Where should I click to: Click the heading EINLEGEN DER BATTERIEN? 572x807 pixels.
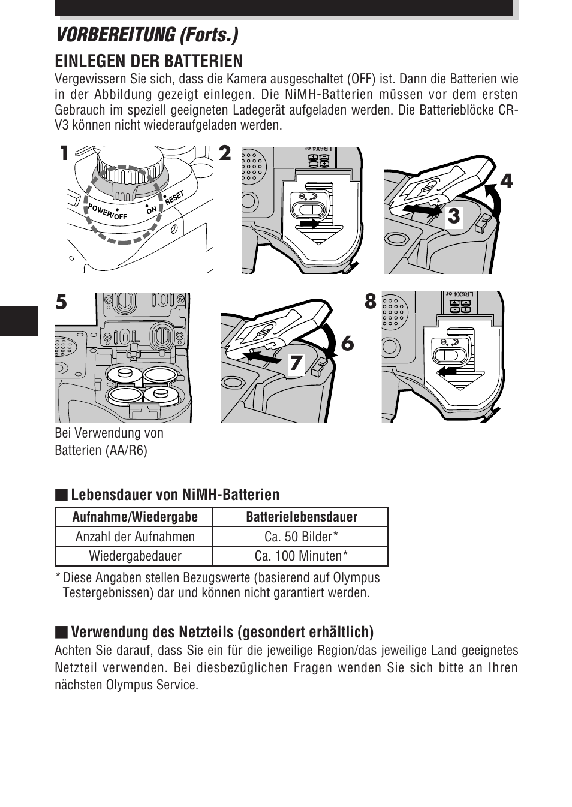tap(149, 61)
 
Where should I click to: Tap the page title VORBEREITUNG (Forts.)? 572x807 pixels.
tap(146, 35)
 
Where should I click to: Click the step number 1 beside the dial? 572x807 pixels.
tap(65, 155)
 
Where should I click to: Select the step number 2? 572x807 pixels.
tap(224, 155)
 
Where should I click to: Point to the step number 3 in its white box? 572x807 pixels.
tap(454, 216)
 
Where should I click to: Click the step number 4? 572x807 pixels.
tap(507, 181)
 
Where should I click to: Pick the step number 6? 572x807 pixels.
tap(347, 344)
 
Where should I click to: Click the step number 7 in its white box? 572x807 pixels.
tap(296, 363)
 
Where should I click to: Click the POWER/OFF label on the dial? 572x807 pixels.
tap(107, 212)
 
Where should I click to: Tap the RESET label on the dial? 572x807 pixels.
tap(174, 198)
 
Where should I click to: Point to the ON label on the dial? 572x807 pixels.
tap(151, 209)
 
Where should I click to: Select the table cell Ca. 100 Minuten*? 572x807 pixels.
tap(301, 556)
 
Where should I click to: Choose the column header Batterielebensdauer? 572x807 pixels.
tap(302, 517)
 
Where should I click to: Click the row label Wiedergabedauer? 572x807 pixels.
tap(135, 556)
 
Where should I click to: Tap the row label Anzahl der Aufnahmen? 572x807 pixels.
tap(135, 537)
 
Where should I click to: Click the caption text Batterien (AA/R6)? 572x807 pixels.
tap(101, 450)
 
